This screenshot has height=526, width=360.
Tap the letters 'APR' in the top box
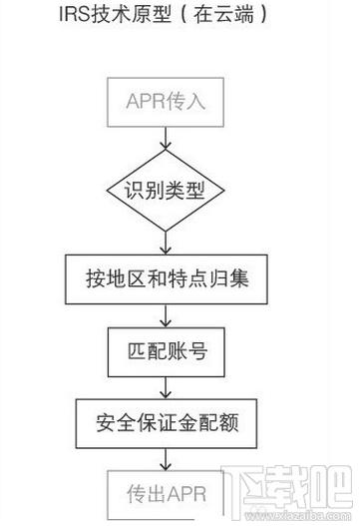click(146, 100)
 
